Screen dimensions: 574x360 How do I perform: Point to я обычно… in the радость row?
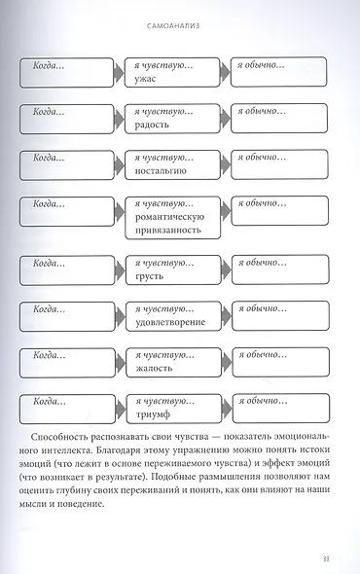[x=261, y=111]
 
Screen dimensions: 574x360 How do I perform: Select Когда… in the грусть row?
[x=49, y=263]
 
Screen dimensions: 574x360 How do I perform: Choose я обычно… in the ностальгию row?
[x=261, y=157]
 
